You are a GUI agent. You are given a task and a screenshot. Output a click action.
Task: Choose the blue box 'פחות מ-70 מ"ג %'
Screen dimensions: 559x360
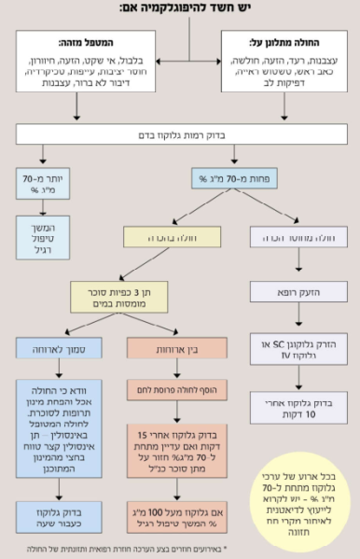220,176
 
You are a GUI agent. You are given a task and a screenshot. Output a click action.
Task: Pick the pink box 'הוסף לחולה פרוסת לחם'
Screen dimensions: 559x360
172,385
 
